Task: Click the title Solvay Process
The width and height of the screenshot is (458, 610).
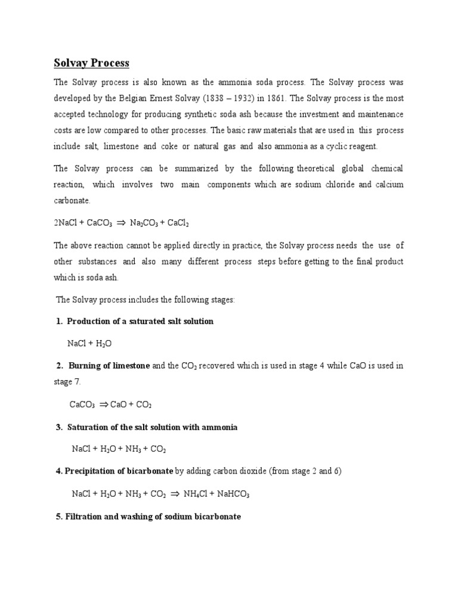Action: [91, 63]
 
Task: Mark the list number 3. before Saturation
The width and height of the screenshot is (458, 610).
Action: [59, 427]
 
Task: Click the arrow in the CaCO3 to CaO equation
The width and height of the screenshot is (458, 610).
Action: [103, 404]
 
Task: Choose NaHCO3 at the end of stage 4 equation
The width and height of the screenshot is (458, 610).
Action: [233, 494]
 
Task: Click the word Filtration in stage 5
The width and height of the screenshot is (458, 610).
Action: [86, 517]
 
